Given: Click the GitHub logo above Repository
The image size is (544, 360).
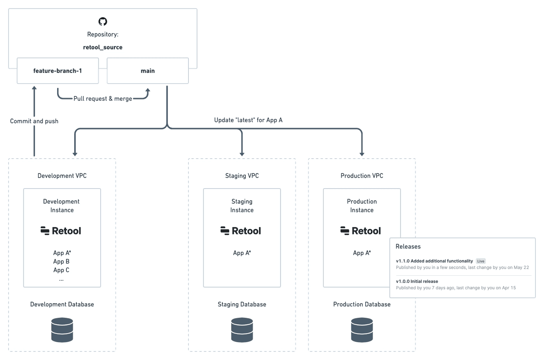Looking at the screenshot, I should click(x=103, y=21).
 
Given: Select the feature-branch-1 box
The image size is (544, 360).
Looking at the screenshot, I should click(x=58, y=71).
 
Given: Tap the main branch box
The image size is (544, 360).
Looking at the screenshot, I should click(x=148, y=71).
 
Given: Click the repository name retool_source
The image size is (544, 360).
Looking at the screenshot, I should click(x=103, y=47).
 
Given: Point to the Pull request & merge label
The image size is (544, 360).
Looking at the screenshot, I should click(x=103, y=99).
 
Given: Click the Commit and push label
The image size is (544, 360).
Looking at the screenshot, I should click(x=34, y=121).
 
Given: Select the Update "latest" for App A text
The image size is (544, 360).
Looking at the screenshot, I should click(x=248, y=120).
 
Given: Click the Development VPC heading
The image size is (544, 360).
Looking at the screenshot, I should click(x=62, y=176).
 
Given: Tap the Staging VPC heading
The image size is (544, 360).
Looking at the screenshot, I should click(x=242, y=176).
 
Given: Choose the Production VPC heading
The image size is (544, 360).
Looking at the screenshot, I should click(x=362, y=176).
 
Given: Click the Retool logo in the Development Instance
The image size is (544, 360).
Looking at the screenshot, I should click(x=61, y=231).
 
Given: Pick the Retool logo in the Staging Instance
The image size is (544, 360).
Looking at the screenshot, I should click(x=241, y=231).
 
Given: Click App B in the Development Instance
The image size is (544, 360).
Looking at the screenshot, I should click(x=61, y=262).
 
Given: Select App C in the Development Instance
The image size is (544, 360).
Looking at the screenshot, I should click(x=61, y=270).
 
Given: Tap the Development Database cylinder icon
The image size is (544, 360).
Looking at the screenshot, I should click(x=62, y=330).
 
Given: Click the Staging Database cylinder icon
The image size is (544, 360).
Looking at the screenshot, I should click(x=242, y=330).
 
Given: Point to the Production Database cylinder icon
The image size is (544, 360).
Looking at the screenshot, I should click(x=362, y=330).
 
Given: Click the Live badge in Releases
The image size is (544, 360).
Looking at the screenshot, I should click(x=481, y=261).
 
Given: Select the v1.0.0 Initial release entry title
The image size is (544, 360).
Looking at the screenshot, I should click(x=417, y=281).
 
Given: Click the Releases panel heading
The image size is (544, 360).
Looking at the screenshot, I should click(x=408, y=246).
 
